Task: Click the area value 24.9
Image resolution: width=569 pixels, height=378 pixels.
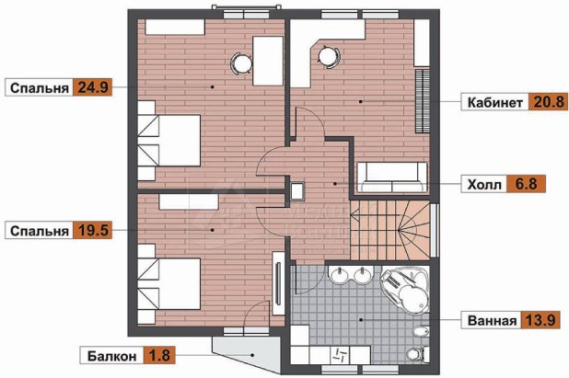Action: pos(93,87)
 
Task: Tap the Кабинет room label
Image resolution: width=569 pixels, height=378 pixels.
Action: pos(495,103)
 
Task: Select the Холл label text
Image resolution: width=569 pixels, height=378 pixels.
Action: pos(484,185)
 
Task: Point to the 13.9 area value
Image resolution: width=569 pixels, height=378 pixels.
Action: pos(540,320)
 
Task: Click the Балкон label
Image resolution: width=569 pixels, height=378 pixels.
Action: pos(111,356)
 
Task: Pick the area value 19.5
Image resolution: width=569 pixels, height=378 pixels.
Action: pos(93,231)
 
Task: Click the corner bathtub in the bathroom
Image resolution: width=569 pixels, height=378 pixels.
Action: pos(404,288)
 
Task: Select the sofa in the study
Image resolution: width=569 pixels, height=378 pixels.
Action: pos(392,177)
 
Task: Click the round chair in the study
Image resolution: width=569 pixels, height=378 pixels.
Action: pos(329,56)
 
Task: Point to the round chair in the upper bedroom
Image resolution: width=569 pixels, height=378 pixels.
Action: pos(241,63)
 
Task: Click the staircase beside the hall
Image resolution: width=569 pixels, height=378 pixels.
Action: pos(390,230)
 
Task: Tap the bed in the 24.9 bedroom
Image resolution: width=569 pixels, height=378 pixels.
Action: pos(169,141)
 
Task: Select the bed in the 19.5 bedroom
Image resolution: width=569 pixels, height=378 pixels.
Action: pos(169,284)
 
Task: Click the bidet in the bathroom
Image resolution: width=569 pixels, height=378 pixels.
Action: pos(422,331)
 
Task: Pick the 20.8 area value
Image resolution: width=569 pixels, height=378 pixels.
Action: pos(549,102)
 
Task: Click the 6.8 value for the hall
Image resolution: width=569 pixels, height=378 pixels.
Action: pos(526,184)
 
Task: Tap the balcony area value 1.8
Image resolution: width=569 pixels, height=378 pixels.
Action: pos(159,355)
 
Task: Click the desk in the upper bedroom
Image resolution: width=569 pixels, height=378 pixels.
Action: pos(268,61)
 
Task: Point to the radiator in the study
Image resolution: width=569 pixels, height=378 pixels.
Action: pos(423,101)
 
